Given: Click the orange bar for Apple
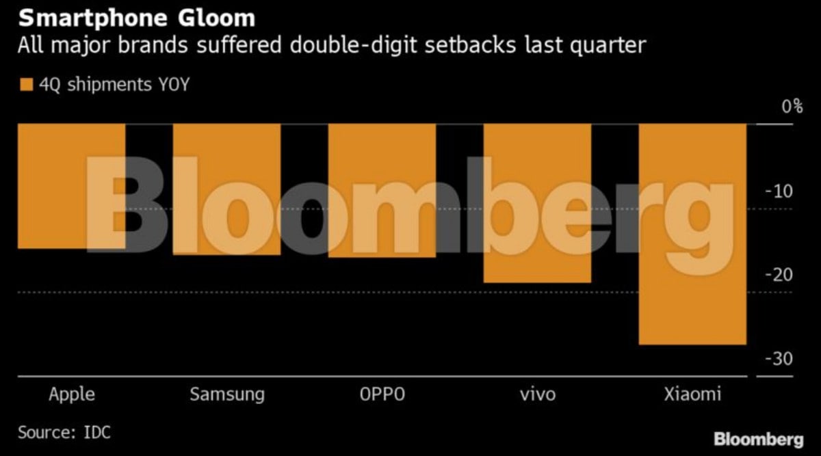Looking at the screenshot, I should tap(72, 186).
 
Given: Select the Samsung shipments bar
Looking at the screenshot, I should tap(226, 189).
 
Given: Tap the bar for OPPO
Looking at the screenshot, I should tap(382, 191).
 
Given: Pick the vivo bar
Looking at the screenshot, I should tap(537, 203).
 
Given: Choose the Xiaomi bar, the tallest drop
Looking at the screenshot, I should tap(692, 234).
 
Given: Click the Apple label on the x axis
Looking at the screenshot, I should tap(72, 394).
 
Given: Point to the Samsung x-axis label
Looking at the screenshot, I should tap(226, 394).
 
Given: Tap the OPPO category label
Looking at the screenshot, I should tap(382, 394).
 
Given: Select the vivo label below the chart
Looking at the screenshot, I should tap(537, 394).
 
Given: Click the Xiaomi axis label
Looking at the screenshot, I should tap(692, 394).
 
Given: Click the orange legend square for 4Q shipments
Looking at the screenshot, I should tap(26, 85).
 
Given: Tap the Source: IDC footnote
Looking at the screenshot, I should tap(64, 433).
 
